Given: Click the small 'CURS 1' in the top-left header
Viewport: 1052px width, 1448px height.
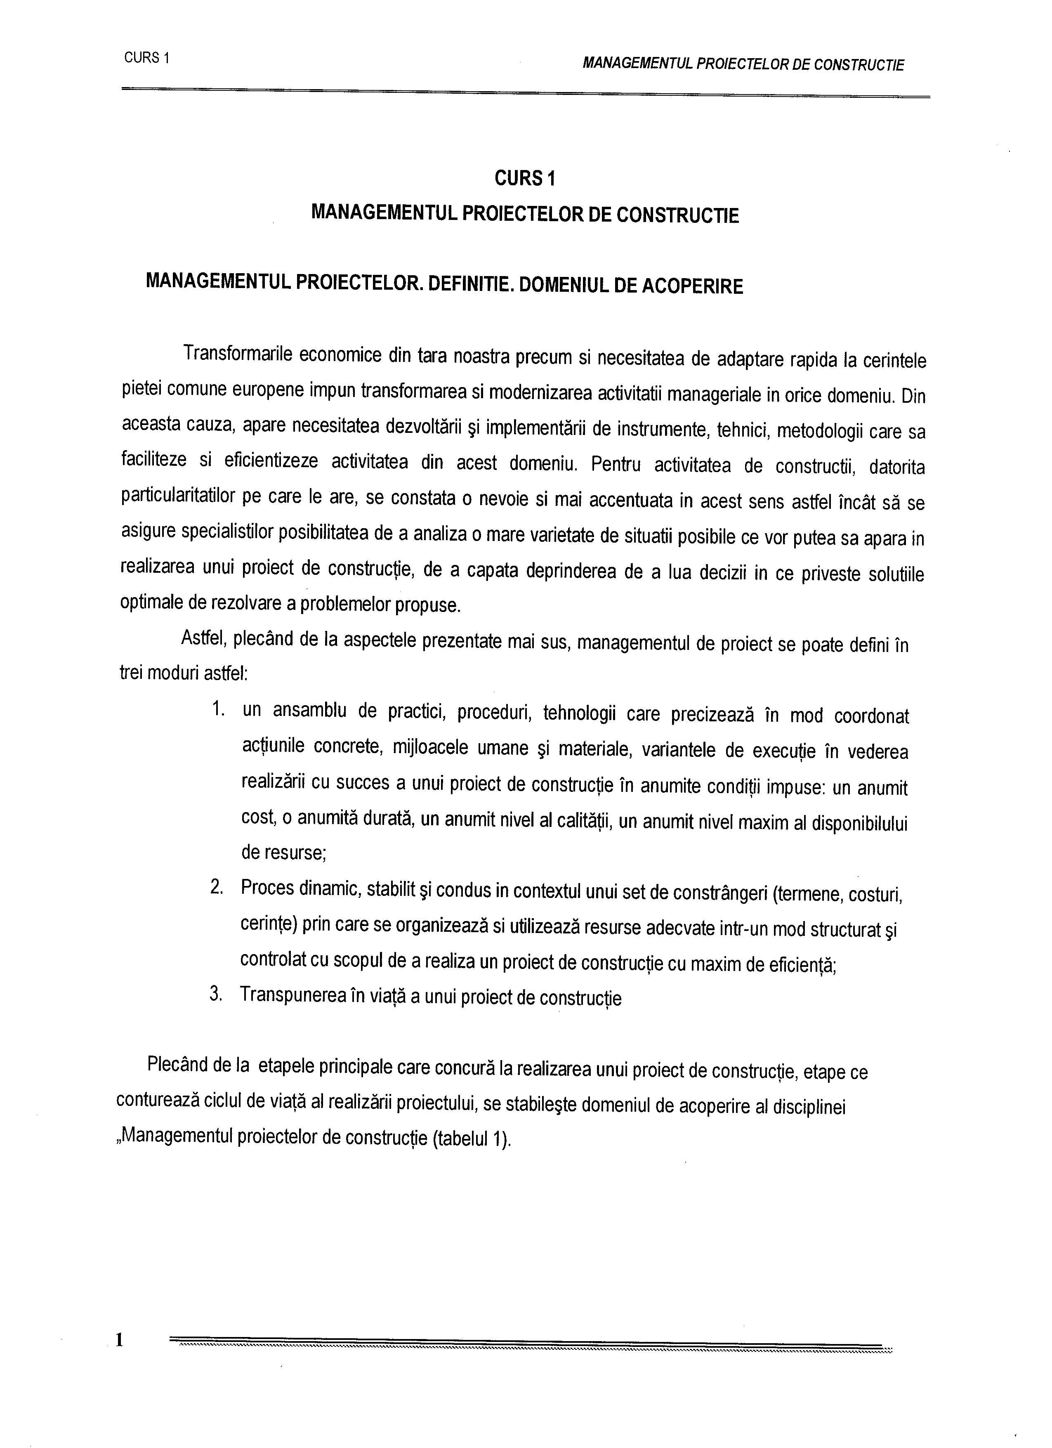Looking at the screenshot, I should point(146,58).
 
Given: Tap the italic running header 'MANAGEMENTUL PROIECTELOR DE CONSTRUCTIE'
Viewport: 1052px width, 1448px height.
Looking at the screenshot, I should point(743,64).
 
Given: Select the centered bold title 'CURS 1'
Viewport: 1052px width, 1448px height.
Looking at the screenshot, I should point(525,179).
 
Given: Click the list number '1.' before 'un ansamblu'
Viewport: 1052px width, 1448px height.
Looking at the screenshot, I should point(218,709).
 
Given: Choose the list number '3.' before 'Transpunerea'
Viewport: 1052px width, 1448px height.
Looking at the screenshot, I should point(217,994).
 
